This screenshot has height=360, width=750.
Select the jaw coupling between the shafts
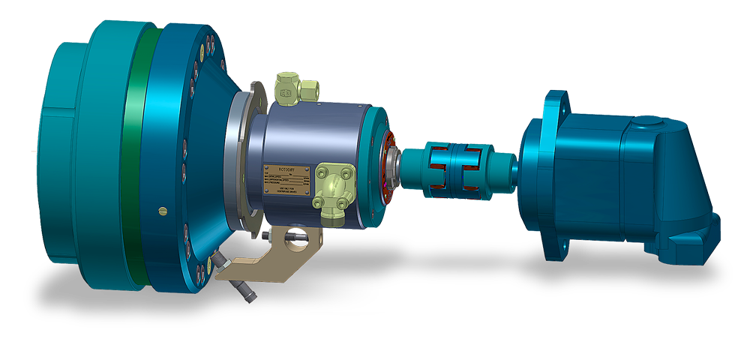tap(450, 172)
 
